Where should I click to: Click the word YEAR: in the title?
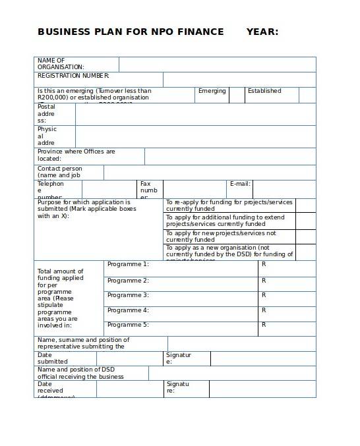(262, 32)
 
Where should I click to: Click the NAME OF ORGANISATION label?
(61, 64)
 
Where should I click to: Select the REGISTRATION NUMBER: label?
(73, 76)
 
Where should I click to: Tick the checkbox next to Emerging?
(237, 95)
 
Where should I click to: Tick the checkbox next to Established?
(307, 95)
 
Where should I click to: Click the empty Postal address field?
(195, 114)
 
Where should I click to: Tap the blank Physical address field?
(195, 136)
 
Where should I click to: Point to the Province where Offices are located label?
(76, 155)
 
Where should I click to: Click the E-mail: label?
(239, 184)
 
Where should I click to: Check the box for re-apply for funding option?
(305, 205)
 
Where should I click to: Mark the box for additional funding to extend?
(305, 221)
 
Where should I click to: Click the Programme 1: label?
(128, 264)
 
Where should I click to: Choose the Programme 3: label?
(128, 295)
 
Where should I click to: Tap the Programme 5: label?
(128, 325)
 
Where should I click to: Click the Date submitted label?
(53, 358)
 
